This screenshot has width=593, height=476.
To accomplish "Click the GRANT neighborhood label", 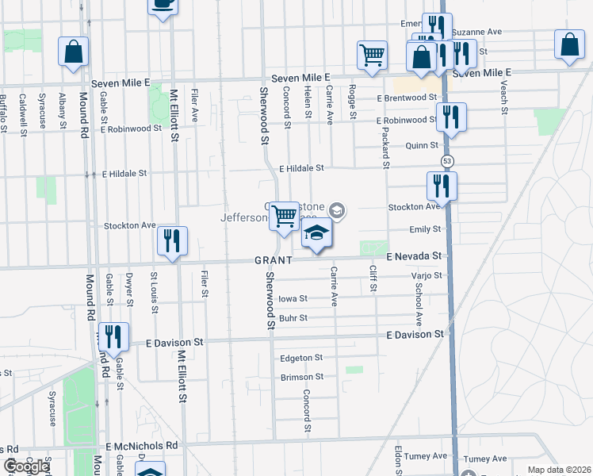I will click(274, 260).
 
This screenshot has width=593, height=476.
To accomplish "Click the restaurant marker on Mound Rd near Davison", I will click(113, 337).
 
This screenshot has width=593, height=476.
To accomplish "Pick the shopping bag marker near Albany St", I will click(74, 52).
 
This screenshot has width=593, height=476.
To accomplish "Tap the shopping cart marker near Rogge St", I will click(372, 55).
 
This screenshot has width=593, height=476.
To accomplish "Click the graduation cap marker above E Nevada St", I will click(316, 234).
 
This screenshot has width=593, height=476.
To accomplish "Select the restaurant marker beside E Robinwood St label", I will click(451, 116).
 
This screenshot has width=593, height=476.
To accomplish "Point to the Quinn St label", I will click(421, 145).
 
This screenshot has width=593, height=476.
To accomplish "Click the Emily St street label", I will click(425, 229).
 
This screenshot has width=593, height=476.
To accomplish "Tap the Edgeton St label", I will click(301, 358).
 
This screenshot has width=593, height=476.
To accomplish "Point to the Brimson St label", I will click(301, 378).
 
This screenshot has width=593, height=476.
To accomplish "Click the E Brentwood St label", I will click(407, 98).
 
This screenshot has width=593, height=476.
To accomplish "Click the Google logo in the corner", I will click(26, 466).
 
